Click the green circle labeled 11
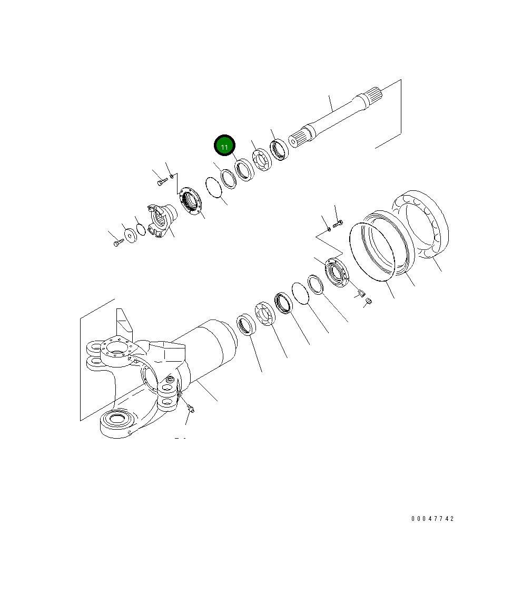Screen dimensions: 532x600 coord(224,146)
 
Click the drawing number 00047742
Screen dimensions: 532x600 coord(432,519)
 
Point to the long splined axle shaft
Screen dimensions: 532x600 coord(337,115)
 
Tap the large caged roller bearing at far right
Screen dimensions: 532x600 coord(420,224)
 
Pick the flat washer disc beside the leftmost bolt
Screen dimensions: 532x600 coord(131,235)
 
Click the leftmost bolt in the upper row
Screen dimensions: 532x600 coord(119,242)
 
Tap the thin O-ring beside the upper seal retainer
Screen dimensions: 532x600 coord(214,188)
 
